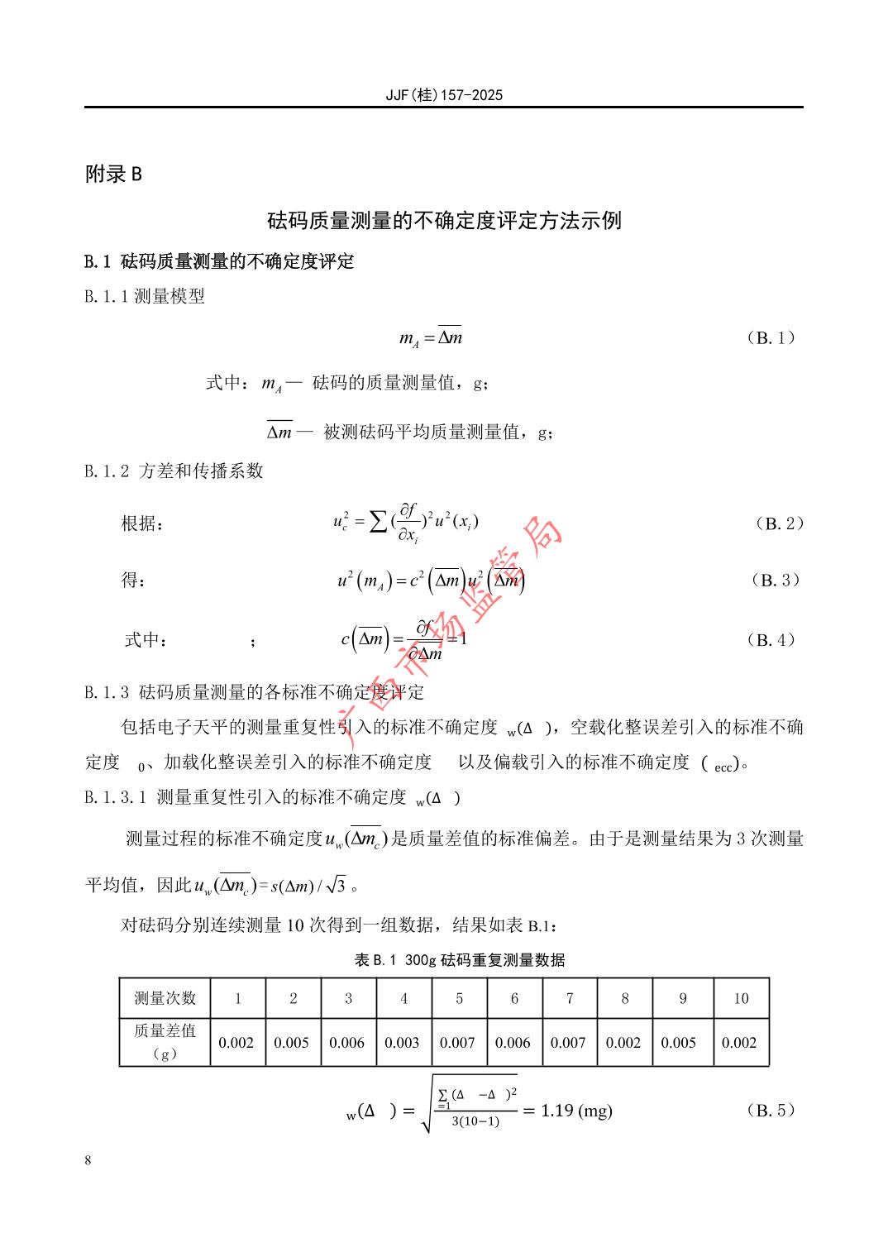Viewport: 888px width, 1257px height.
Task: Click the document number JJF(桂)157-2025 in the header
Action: point(444,95)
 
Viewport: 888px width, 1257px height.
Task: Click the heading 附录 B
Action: point(114,174)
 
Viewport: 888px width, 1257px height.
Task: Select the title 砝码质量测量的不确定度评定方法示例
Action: point(444,221)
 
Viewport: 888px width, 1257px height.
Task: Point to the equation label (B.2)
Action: point(779,523)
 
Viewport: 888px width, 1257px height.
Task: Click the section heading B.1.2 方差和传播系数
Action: point(174,471)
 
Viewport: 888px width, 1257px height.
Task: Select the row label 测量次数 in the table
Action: point(165,998)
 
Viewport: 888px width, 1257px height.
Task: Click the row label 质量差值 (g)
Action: point(165,1042)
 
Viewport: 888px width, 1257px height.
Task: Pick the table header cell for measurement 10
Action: point(740,998)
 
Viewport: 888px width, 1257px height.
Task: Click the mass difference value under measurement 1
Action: point(236,1043)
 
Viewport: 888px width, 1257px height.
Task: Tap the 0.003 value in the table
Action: point(403,1043)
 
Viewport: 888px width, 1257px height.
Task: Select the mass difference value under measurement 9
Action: point(679,1043)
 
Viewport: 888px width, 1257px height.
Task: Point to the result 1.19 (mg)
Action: point(576,1111)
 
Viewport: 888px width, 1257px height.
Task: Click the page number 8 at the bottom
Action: point(88,1160)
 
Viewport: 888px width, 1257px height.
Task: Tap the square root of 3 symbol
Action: point(335,886)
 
